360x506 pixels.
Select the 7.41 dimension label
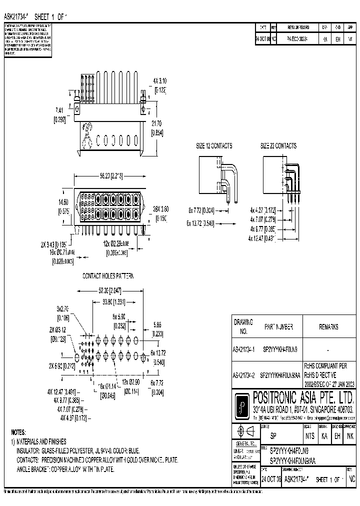pyautogui.click(x=59, y=110)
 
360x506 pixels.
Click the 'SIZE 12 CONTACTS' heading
pyautogui.click(x=213, y=146)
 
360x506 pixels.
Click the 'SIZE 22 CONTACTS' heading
pyautogui.click(x=278, y=146)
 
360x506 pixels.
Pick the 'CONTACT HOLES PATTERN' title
pyautogui.click(x=108, y=275)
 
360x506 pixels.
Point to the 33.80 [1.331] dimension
pyautogui.click(x=111, y=301)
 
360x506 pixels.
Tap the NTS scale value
pyautogui.click(x=310, y=435)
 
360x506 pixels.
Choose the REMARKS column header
pyautogui.click(x=328, y=327)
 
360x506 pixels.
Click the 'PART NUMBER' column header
pyautogui.click(x=282, y=327)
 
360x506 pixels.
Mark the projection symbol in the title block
pyautogui.click(x=246, y=431)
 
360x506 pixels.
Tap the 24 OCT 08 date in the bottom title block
pyautogui.click(x=271, y=478)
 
